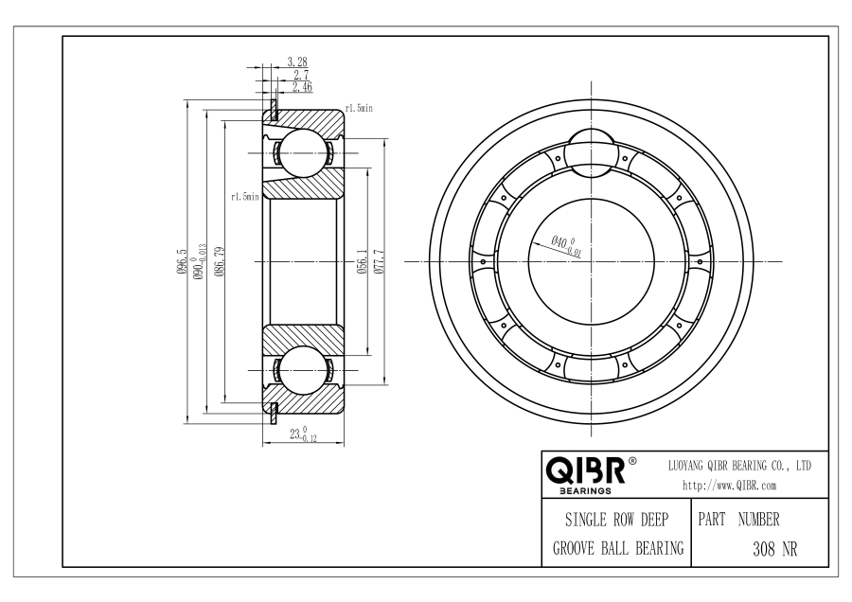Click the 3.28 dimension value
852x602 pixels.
[296, 62]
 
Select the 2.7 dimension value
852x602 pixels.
[300, 75]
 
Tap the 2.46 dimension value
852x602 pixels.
[302, 87]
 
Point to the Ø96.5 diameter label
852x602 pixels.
[182, 261]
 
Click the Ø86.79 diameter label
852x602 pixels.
[220, 261]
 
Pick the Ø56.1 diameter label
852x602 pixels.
[363, 261]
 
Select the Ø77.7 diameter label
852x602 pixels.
[379, 261]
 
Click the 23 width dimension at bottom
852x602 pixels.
[303, 434]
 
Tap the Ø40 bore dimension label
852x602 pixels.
[566, 245]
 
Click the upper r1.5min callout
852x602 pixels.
[359, 108]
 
